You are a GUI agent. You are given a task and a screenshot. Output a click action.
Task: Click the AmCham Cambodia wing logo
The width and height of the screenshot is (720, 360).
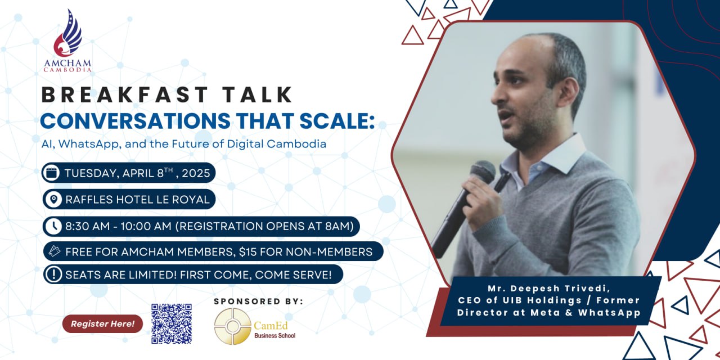tap(68, 33)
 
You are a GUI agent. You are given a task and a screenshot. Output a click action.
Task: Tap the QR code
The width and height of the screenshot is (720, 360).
tap(172, 323)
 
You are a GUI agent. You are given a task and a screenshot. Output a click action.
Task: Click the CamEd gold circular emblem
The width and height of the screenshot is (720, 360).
tap(233, 326)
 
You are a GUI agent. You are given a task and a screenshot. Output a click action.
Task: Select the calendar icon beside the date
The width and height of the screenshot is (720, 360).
tap(51, 173)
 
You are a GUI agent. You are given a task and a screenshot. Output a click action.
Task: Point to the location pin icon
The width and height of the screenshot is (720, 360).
tap(53, 199)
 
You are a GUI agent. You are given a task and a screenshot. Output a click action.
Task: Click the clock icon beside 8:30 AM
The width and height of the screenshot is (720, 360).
tap(53, 226)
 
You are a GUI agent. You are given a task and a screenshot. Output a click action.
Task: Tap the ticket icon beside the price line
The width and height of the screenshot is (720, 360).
tap(55, 251)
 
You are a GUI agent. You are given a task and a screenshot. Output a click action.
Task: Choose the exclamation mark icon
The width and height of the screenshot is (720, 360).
tap(53, 274)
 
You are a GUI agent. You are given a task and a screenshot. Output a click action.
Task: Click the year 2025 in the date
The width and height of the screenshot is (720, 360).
tap(196, 173)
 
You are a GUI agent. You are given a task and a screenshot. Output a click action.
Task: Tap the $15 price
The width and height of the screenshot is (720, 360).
tap(248, 251)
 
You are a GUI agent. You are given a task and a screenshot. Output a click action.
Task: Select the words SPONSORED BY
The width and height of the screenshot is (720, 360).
tap(258, 301)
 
